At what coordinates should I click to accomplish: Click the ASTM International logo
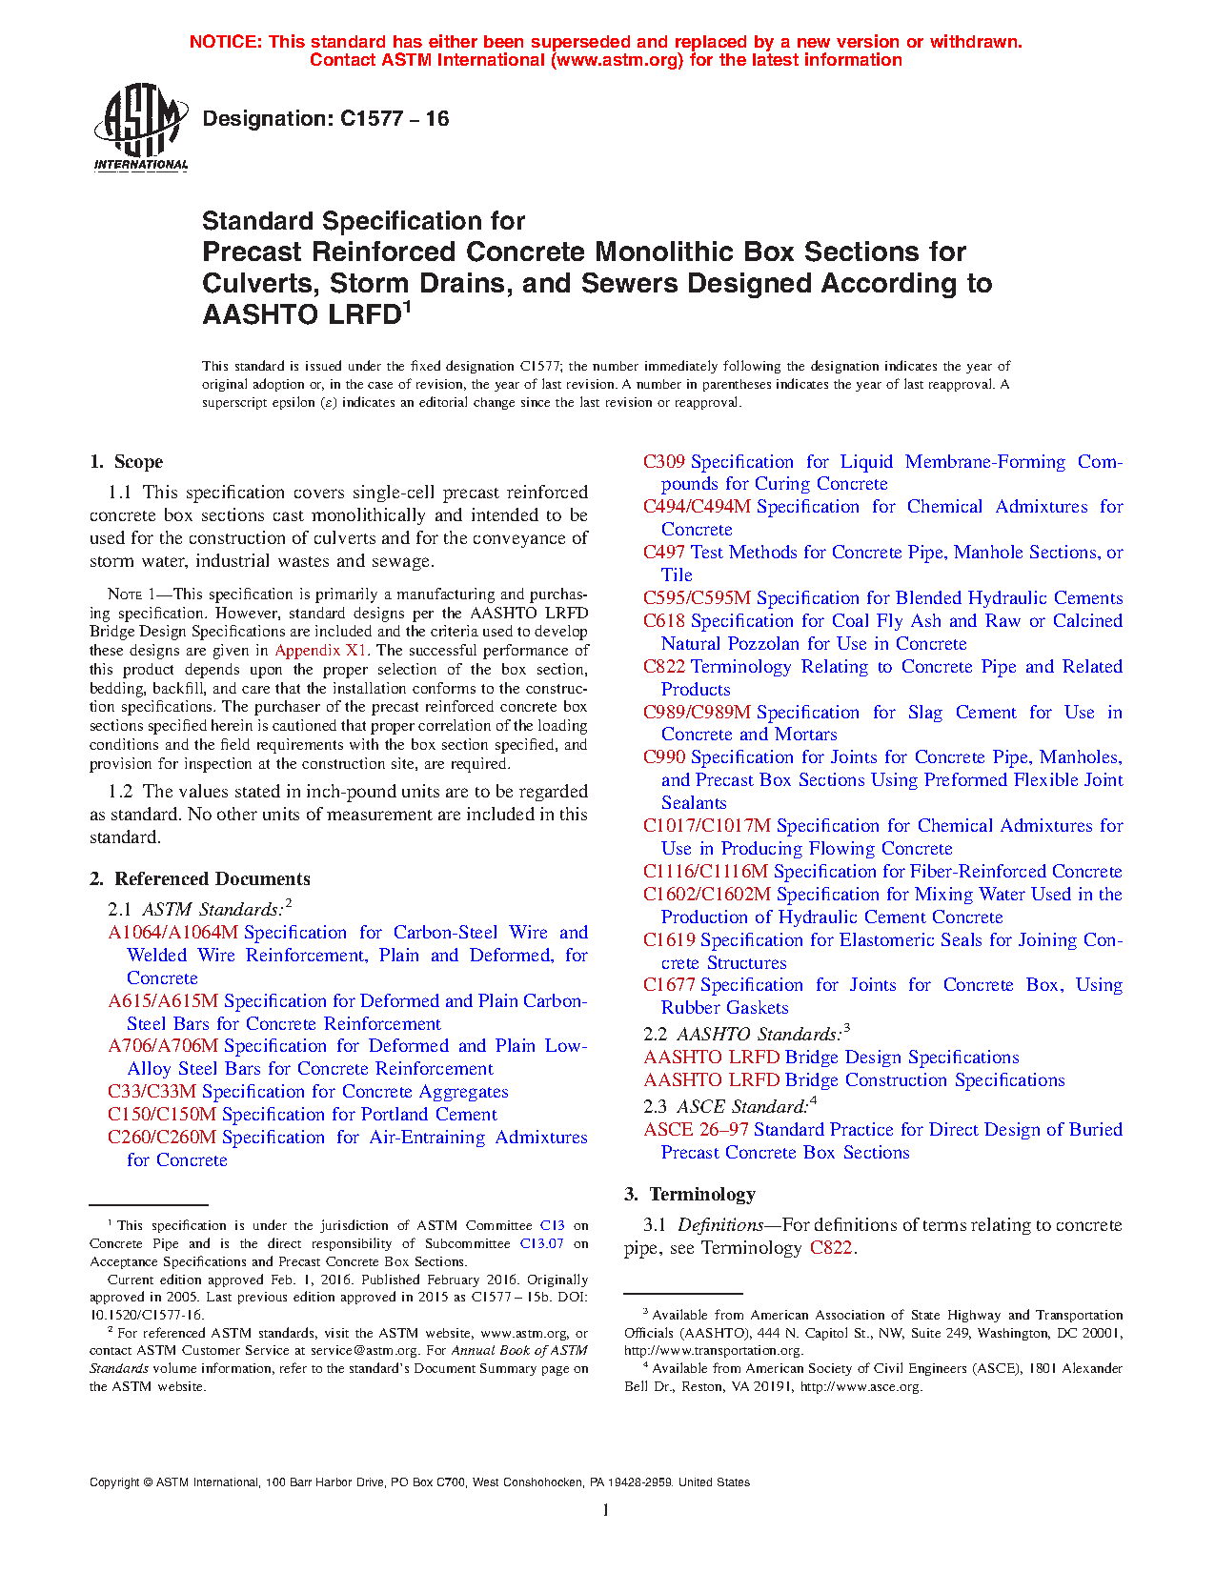click(140, 127)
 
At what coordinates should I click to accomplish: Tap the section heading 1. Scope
click(127, 462)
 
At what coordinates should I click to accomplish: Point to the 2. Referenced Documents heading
click(200, 879)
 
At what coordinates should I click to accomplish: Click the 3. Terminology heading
click(690, 1195)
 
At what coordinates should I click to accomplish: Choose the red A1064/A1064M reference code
click(173, 933)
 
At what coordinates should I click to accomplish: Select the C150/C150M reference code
click(162, 1115)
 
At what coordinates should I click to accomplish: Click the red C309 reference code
click(664, 462)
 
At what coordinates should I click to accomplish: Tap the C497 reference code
click(664, 553)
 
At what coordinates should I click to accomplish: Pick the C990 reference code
click(664, 757)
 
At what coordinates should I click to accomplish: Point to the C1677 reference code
click(669, 985)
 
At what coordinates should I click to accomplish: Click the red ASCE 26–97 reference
click(696, 1130)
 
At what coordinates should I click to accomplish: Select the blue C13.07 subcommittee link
click(542, 1244)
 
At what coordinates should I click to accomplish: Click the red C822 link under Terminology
click(831, 1248)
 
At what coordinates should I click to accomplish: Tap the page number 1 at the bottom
click(606, 1509)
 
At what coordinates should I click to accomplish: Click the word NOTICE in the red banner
click(225, 42)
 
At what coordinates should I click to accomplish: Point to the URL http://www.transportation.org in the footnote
click(714, 1351)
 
